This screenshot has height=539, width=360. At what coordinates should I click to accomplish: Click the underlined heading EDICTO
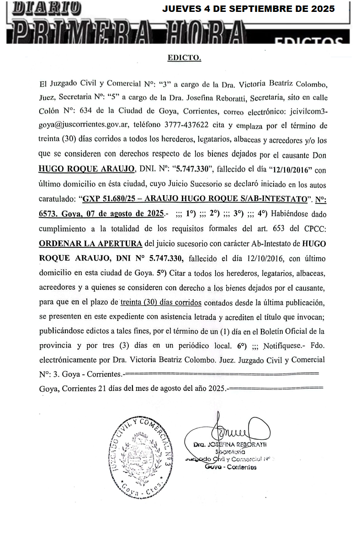point(185,58)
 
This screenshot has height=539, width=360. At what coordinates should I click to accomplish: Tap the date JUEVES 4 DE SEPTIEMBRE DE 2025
point(249,9)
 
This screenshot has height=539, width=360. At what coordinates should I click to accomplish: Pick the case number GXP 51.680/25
point(112,199)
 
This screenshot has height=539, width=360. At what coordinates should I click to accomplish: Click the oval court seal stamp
point(141,455)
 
